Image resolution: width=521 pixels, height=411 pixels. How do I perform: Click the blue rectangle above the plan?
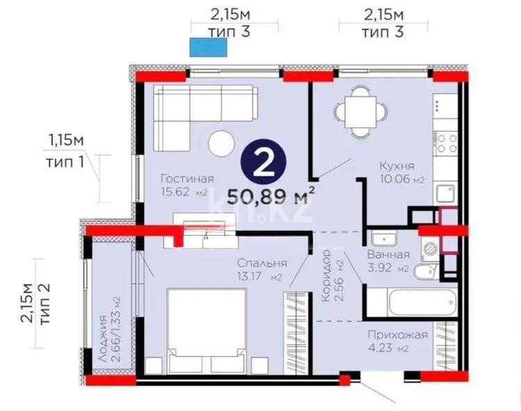click(207, 47)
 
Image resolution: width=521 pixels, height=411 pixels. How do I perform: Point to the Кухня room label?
click(396, 166)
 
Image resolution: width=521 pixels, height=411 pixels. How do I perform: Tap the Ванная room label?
click(388, 255)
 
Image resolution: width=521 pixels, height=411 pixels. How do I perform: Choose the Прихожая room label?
click(399, 335)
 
